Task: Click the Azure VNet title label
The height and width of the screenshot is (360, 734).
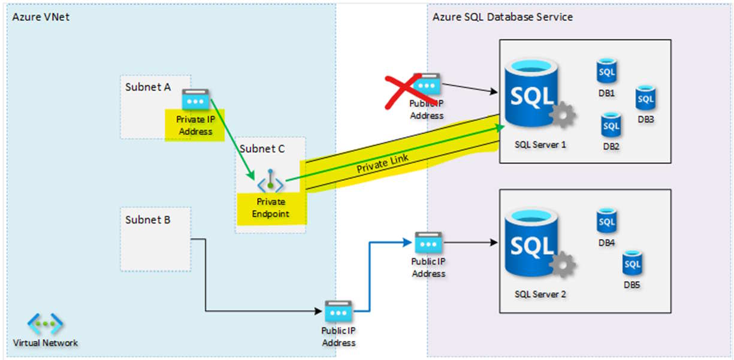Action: [41, 17]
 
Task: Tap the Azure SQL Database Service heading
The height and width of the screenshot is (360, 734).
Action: [502, 17]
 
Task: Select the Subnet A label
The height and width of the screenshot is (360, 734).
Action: [148, 87]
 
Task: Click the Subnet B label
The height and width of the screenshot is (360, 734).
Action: [148, 220]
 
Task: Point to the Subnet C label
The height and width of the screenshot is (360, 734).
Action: [262, 149]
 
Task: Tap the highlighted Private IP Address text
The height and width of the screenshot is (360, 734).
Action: [195, 125]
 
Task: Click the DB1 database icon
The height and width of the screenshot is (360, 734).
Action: [606, 72]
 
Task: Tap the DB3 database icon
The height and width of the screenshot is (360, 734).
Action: [645, 98]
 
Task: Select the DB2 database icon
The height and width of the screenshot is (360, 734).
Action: [611, 125]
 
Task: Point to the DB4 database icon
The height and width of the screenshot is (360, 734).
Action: [606, 222]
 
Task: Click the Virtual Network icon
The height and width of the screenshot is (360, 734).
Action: [46, 324]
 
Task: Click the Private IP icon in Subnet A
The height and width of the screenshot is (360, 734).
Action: [195, 98]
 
